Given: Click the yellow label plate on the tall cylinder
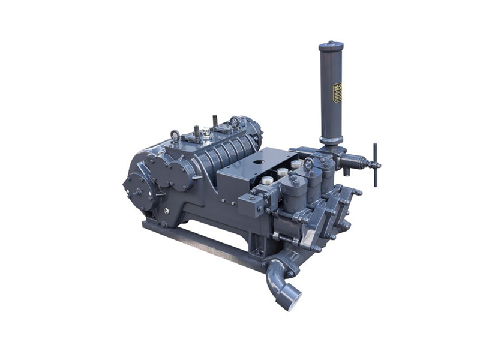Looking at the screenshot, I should click(x=337, y=92).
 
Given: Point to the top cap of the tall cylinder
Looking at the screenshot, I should click(x=331, y=46).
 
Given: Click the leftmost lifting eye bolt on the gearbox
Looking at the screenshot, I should click(x=175, y=134).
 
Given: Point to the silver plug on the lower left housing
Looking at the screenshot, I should click(x=166, y=211).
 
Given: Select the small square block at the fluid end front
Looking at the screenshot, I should click(x=250, y=206).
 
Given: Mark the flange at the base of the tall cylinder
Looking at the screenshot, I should click(x=329, y=143).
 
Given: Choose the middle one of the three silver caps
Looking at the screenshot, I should click(x=282, y=172).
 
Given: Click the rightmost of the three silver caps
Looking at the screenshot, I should click(x=296, y=163).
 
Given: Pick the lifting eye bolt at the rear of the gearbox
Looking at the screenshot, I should click(x=234, y=121).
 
